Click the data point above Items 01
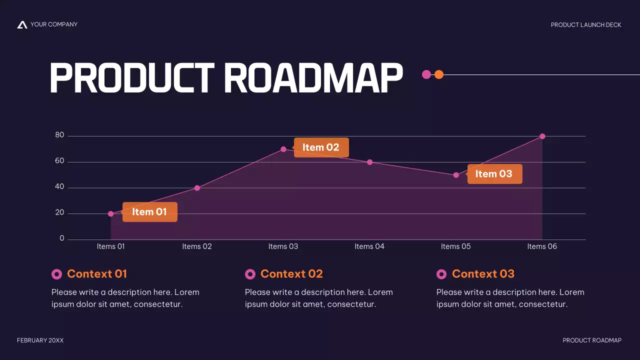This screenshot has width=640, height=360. click(x=111, y=214)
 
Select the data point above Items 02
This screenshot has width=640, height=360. click(x=197, y=188)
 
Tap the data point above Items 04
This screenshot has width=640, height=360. click(x=370, y=162)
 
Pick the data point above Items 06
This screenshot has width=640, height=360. click(x=542, y=136)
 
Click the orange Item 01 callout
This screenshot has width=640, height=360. click(x=150, y=212)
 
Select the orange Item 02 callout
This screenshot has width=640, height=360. click(x=321, y=147)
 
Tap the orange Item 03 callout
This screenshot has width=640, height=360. click(x=494, y=174)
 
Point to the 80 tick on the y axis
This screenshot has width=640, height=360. click(x=59, y=135)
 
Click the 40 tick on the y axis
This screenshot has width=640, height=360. click(x=59, y=187)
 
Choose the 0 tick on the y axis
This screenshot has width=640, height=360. click(x=62, y=238)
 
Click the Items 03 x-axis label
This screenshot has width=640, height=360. click(x=283, y=246)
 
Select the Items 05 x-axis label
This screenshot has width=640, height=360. click(x=455, y=246)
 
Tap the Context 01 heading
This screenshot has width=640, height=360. click(x=97, y=274)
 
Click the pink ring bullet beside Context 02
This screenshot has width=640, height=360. click(x=250, y=274)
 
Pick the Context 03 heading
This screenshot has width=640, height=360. click(x=483, y=274)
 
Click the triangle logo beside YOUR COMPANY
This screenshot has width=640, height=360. click(x=22, y=24)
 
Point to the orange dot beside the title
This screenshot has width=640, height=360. click(x=439, y=74)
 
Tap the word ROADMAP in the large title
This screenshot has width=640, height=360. click(x=313, y=78)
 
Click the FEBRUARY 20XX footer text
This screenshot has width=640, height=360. click(x=40, y=340)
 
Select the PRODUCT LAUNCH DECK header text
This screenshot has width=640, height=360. click(x=586, y=25)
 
